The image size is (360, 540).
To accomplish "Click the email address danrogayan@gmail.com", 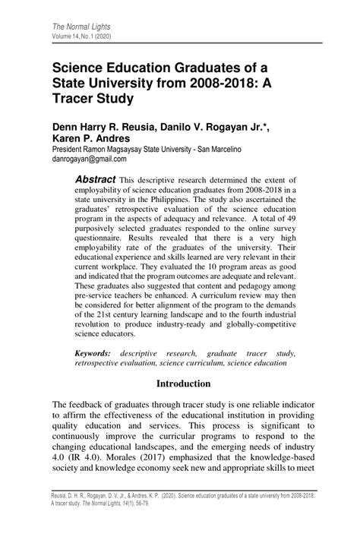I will (89, 159).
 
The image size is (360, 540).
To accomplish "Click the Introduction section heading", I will (183, 384).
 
